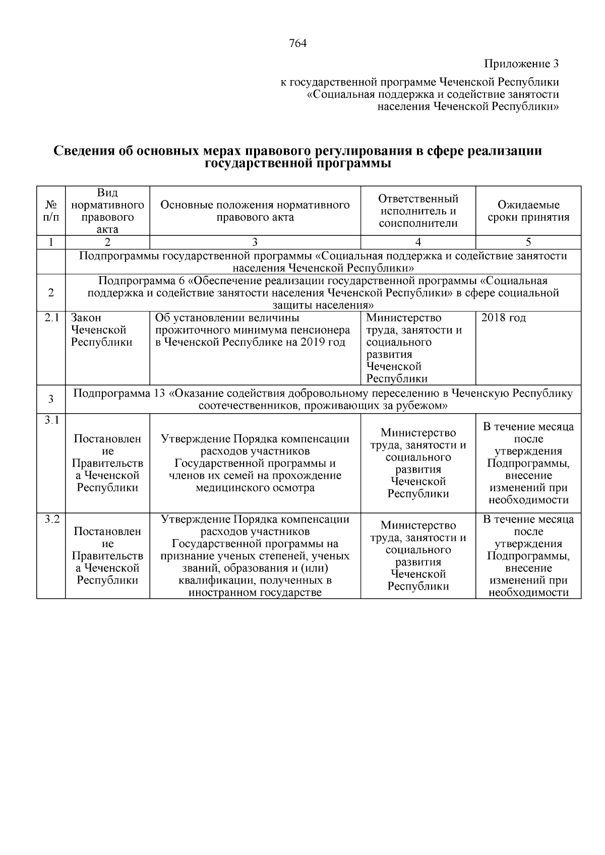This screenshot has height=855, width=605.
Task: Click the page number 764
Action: (297, 43)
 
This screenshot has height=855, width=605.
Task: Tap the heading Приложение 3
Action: (521, 64)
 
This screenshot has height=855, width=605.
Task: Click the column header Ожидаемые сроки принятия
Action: (528, 211)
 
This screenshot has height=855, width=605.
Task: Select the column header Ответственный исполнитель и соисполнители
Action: (418, 211)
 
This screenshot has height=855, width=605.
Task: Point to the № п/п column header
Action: (51, 211)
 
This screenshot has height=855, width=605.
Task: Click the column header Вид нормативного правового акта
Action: (107, 211)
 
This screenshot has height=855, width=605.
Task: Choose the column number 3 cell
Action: (255, 242)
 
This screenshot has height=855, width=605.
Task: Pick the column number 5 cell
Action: (528, 242)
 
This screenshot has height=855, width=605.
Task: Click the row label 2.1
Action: (51, 318)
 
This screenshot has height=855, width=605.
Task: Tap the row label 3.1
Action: (51, 420)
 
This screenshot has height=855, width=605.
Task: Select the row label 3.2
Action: (51, 519)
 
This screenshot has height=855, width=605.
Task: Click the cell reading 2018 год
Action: (504, 318)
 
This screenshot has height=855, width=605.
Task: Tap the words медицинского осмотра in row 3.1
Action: (255, 488)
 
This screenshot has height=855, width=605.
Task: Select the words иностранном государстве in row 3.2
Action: (255, 593)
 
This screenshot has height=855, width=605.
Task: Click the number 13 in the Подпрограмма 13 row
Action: (159, 393)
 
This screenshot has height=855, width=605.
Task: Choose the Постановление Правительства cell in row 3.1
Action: (107, 463)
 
